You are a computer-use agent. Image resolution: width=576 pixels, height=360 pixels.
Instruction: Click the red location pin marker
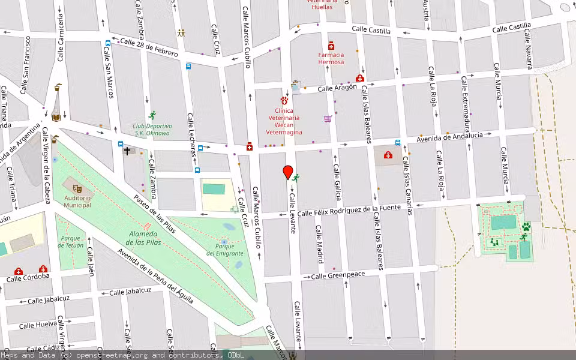(x=288, y=172)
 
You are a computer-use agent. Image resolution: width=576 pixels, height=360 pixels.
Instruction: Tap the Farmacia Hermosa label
(x=331, y=58)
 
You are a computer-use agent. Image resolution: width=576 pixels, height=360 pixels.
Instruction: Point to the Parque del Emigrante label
(x=224, y=249)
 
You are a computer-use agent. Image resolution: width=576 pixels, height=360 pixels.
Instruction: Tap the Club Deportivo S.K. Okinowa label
(x=152, y=130)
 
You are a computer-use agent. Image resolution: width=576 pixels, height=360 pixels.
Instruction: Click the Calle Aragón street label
(x=337, y=88)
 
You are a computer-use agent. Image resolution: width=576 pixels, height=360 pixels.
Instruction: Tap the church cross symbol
(x=127, y=151)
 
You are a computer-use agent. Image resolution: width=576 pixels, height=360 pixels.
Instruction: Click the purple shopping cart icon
(x=328, y=119)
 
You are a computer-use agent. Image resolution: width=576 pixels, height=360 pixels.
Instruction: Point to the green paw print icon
(x=526, y=227)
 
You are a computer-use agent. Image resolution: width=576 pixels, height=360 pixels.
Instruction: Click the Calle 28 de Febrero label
(x=149, y=48)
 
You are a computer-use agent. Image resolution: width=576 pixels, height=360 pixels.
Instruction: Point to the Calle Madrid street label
(x=320, y=244)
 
